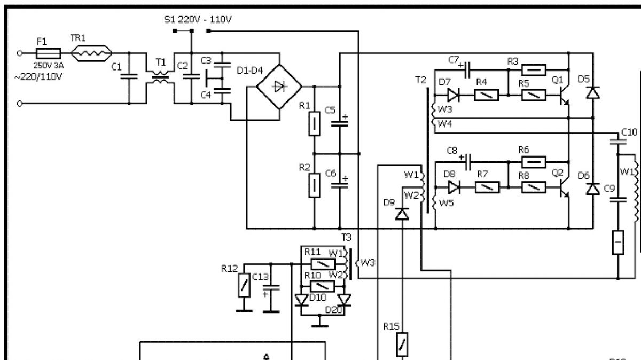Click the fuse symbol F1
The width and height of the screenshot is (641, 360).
49,53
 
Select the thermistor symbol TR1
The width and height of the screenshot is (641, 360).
91,53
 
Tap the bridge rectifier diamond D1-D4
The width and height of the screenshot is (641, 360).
279,87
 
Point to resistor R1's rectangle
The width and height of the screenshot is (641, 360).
314,123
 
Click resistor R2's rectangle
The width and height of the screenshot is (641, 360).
314,185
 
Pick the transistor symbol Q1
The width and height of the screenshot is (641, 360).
564,95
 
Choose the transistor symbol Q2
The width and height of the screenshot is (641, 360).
564,187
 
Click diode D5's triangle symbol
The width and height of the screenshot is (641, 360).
593,93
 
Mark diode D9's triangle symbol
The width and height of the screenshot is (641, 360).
402,214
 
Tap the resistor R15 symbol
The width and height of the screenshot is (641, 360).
402,345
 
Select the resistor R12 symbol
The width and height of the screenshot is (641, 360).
244,285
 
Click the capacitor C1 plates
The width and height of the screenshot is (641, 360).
129,76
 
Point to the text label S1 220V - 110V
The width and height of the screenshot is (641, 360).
198,19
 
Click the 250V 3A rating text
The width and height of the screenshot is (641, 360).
49,66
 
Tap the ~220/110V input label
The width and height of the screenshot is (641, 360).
38,77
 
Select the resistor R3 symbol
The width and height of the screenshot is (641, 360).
534,70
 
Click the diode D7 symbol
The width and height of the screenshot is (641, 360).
454,95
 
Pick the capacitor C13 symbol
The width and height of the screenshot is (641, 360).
271,287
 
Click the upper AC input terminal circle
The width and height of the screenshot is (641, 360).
19,53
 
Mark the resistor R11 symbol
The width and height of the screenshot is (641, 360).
323,264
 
